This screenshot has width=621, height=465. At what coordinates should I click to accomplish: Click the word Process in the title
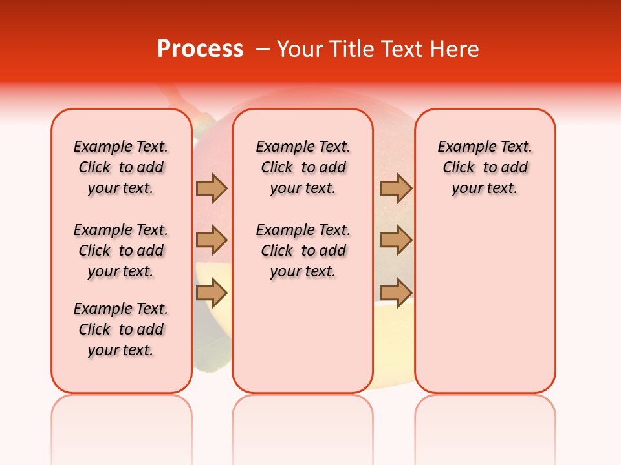point(200,49)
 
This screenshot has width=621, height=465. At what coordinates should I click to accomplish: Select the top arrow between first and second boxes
point(212,189)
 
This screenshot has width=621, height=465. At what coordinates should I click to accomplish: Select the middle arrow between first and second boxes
point(212,240)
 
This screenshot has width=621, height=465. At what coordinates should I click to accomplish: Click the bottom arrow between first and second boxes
point(212,293)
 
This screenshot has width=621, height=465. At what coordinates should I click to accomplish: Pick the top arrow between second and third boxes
point(396,189)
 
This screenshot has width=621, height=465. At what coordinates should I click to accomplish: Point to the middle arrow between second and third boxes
point(396,240)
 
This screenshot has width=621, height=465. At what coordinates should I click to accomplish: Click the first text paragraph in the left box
point(121,167)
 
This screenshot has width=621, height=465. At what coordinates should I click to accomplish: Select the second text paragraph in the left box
point(121,251)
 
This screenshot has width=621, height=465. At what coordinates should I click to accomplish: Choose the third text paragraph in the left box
point(121,329)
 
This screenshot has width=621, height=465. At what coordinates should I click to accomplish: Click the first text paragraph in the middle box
point(303,167)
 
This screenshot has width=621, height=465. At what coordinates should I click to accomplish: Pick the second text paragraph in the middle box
point(303,251)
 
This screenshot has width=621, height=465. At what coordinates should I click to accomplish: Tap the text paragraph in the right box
point(485,167)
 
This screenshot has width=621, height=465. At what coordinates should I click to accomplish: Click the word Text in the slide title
point(404,49)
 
